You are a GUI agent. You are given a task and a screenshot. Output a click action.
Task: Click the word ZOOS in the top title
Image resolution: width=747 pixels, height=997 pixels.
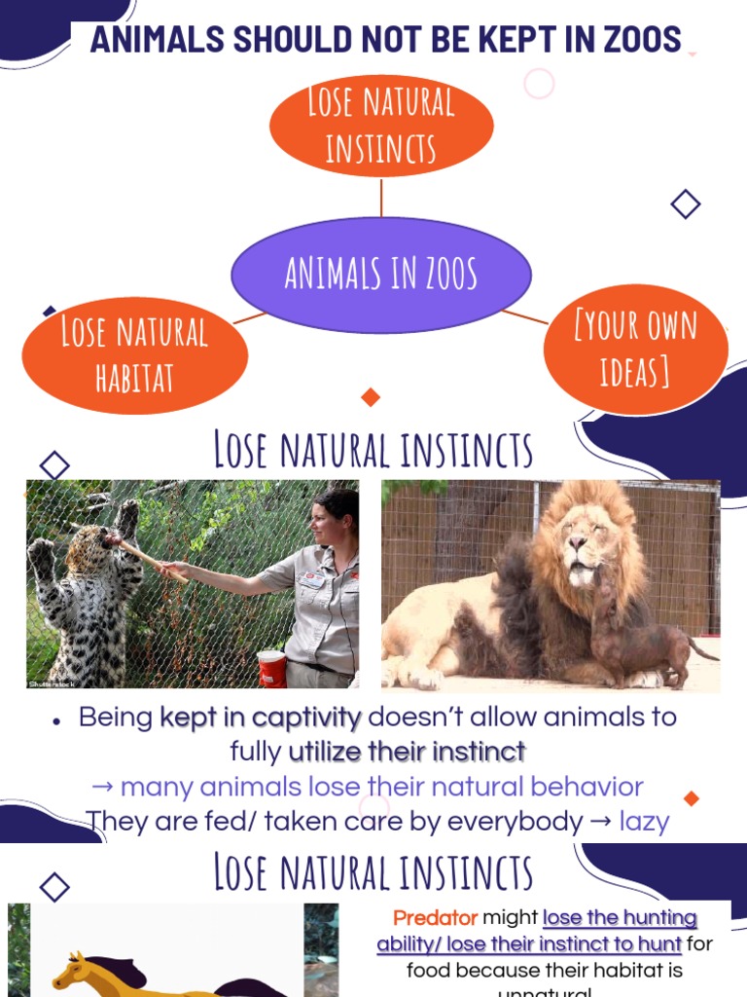click(637, 40)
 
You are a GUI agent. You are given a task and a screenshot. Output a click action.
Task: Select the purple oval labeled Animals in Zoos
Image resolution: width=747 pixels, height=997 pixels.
click(381, 274)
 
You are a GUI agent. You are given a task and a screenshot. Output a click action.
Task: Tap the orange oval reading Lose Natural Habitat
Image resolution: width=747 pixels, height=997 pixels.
click(134, 354)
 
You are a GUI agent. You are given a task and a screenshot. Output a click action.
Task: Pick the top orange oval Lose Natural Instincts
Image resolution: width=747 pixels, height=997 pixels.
click(381, 126)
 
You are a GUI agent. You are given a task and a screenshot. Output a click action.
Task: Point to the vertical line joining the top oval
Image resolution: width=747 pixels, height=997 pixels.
click(381, 197)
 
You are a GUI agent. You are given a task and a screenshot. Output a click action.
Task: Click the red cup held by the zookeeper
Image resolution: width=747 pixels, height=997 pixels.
click(272, 668)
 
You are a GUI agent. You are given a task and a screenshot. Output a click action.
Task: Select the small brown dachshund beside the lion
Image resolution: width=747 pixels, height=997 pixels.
click(632, 633)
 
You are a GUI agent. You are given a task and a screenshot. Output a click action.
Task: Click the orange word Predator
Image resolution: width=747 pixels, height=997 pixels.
click(436, 918)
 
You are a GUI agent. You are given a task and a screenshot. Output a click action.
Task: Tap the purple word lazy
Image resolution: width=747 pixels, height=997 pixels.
click(644, 821)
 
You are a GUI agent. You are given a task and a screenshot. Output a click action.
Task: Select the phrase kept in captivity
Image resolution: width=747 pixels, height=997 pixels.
click(260, 719)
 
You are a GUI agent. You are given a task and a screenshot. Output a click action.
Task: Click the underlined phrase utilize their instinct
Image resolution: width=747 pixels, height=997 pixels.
click(407, 752)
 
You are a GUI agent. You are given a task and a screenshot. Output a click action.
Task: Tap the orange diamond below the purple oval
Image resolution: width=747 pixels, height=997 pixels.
click(370, 397)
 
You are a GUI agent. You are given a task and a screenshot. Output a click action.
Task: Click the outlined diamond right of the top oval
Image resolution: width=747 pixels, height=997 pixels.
click(686, 204)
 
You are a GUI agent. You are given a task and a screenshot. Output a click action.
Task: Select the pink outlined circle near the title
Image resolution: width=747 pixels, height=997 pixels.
click(539, 84)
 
